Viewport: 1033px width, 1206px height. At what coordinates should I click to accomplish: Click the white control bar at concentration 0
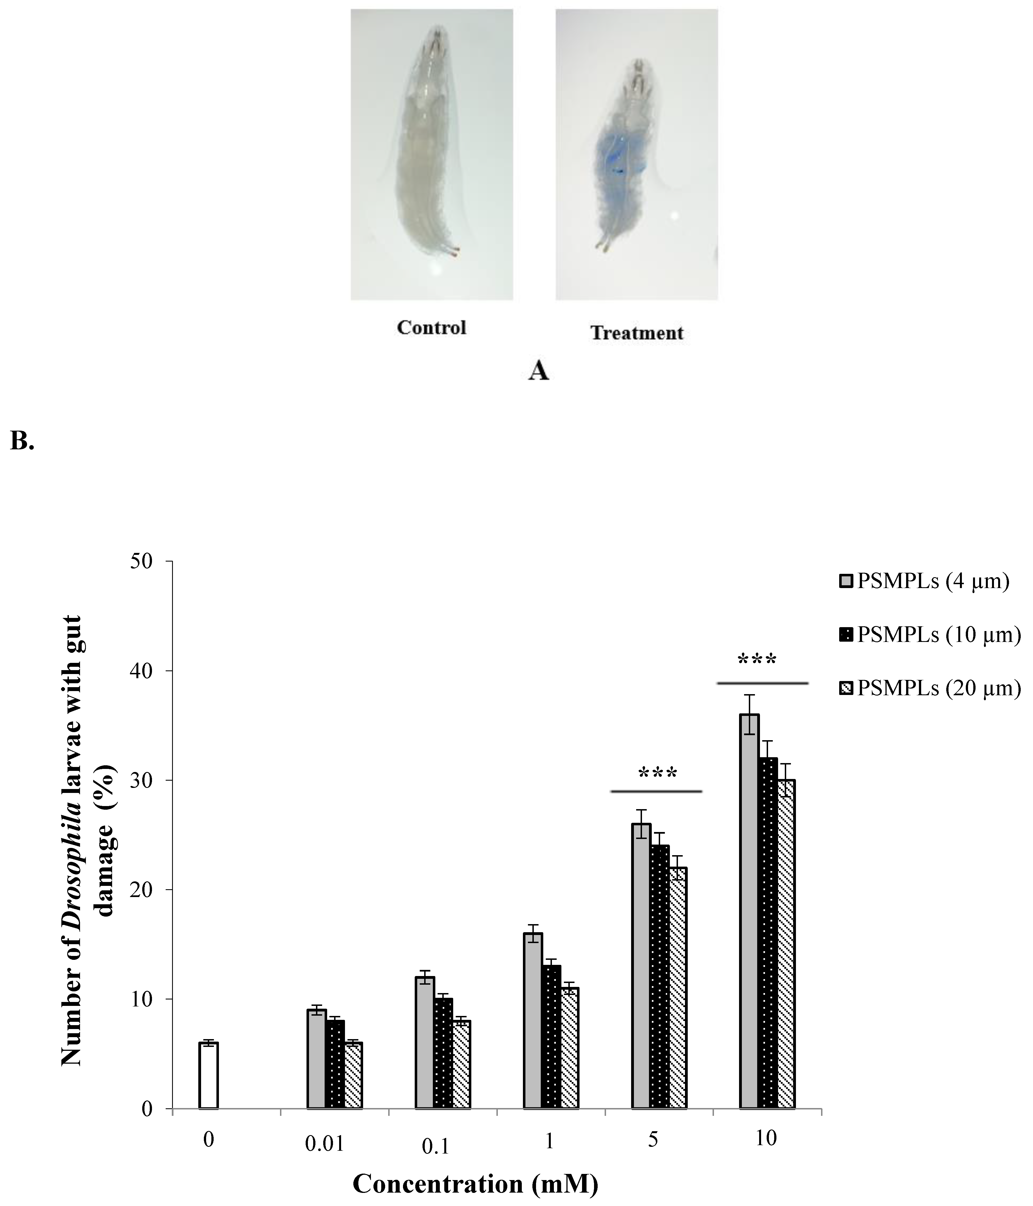pos(208,1076)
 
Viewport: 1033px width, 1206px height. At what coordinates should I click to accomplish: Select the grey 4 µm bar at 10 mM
pos(749,911)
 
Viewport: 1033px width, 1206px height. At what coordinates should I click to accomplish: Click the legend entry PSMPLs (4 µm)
pos(925,581)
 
